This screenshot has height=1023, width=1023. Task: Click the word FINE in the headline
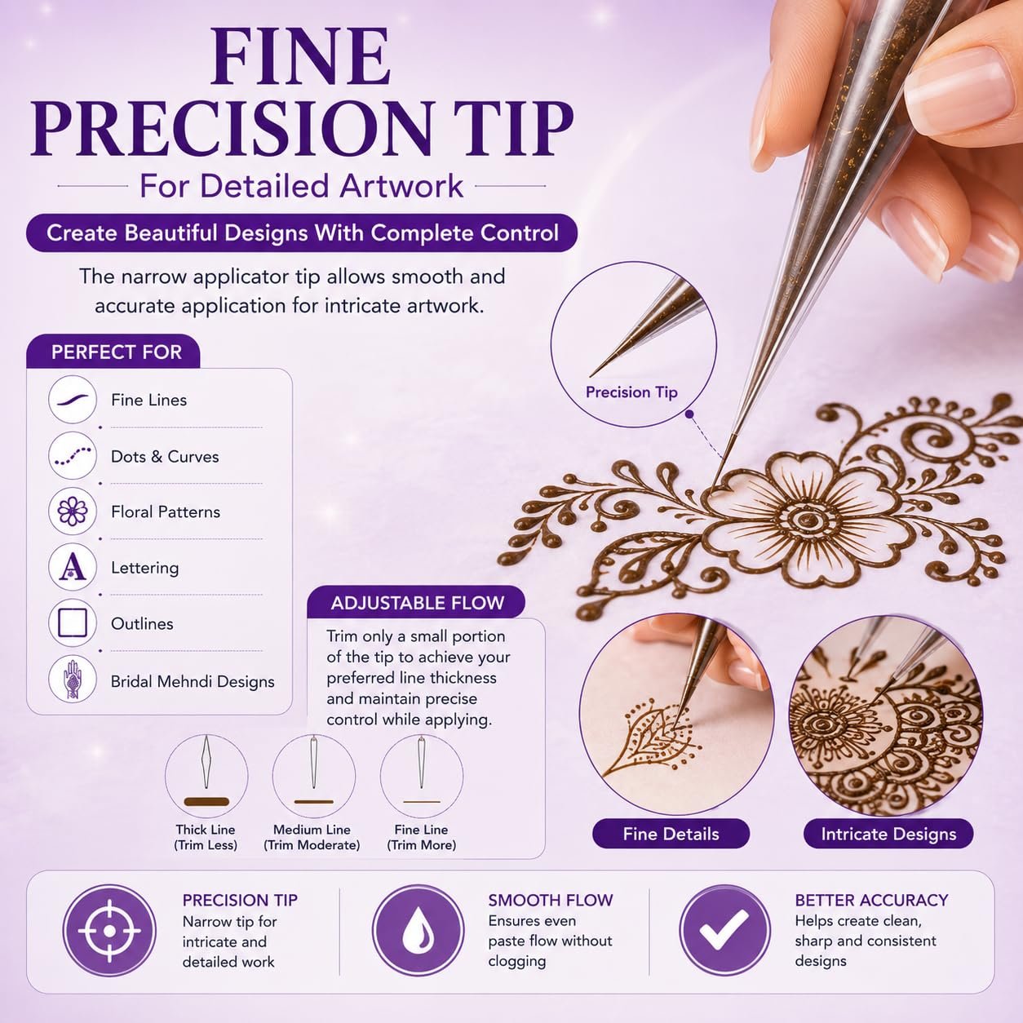(x=301, y=56)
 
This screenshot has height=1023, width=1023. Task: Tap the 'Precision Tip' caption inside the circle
(x=631, y=392)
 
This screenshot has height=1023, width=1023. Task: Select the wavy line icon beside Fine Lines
(x=73, y=399)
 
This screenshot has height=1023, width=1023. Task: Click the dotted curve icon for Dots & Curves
(x=73, y=455)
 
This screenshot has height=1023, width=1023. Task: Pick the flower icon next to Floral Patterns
(x=73, y=511)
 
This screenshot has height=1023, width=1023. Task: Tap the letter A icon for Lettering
(x=73, y=567)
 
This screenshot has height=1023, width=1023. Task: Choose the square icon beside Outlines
(x=73, y=622)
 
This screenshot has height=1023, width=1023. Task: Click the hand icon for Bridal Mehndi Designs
(x=73, y=679)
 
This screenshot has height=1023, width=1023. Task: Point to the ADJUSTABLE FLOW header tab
(x=417, y=603)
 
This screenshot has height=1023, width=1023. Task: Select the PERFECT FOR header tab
(x=113, y=352)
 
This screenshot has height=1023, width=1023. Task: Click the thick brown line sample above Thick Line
(x=206, y=802)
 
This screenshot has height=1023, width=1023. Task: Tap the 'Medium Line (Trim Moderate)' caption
(x=312, y=837)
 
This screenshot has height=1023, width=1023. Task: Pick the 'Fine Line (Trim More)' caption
(x=422, y=837)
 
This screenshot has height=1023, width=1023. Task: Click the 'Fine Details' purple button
(x=671, y=834)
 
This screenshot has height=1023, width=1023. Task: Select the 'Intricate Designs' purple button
(x=888, y=834)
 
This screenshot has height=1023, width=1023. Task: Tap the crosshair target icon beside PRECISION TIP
(x=109, y=931)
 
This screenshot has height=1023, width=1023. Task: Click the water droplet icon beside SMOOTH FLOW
(x=418, y=931)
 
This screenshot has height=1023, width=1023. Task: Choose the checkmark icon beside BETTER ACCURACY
(x=724, y=931)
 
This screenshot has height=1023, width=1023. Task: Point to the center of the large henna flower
(x=807, y=520)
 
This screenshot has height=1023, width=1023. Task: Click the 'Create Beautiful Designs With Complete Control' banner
(x=302, y=233)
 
